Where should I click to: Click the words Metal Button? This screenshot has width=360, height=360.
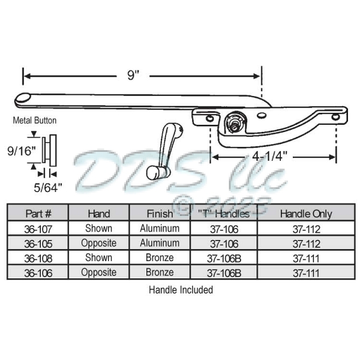coord(35,121)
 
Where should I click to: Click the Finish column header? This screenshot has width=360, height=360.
coord(160,213)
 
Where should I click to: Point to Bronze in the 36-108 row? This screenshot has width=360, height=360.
coord(160,257)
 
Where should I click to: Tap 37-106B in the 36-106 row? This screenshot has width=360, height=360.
coord(224,272)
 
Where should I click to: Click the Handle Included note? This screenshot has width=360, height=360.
coord(181,289)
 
